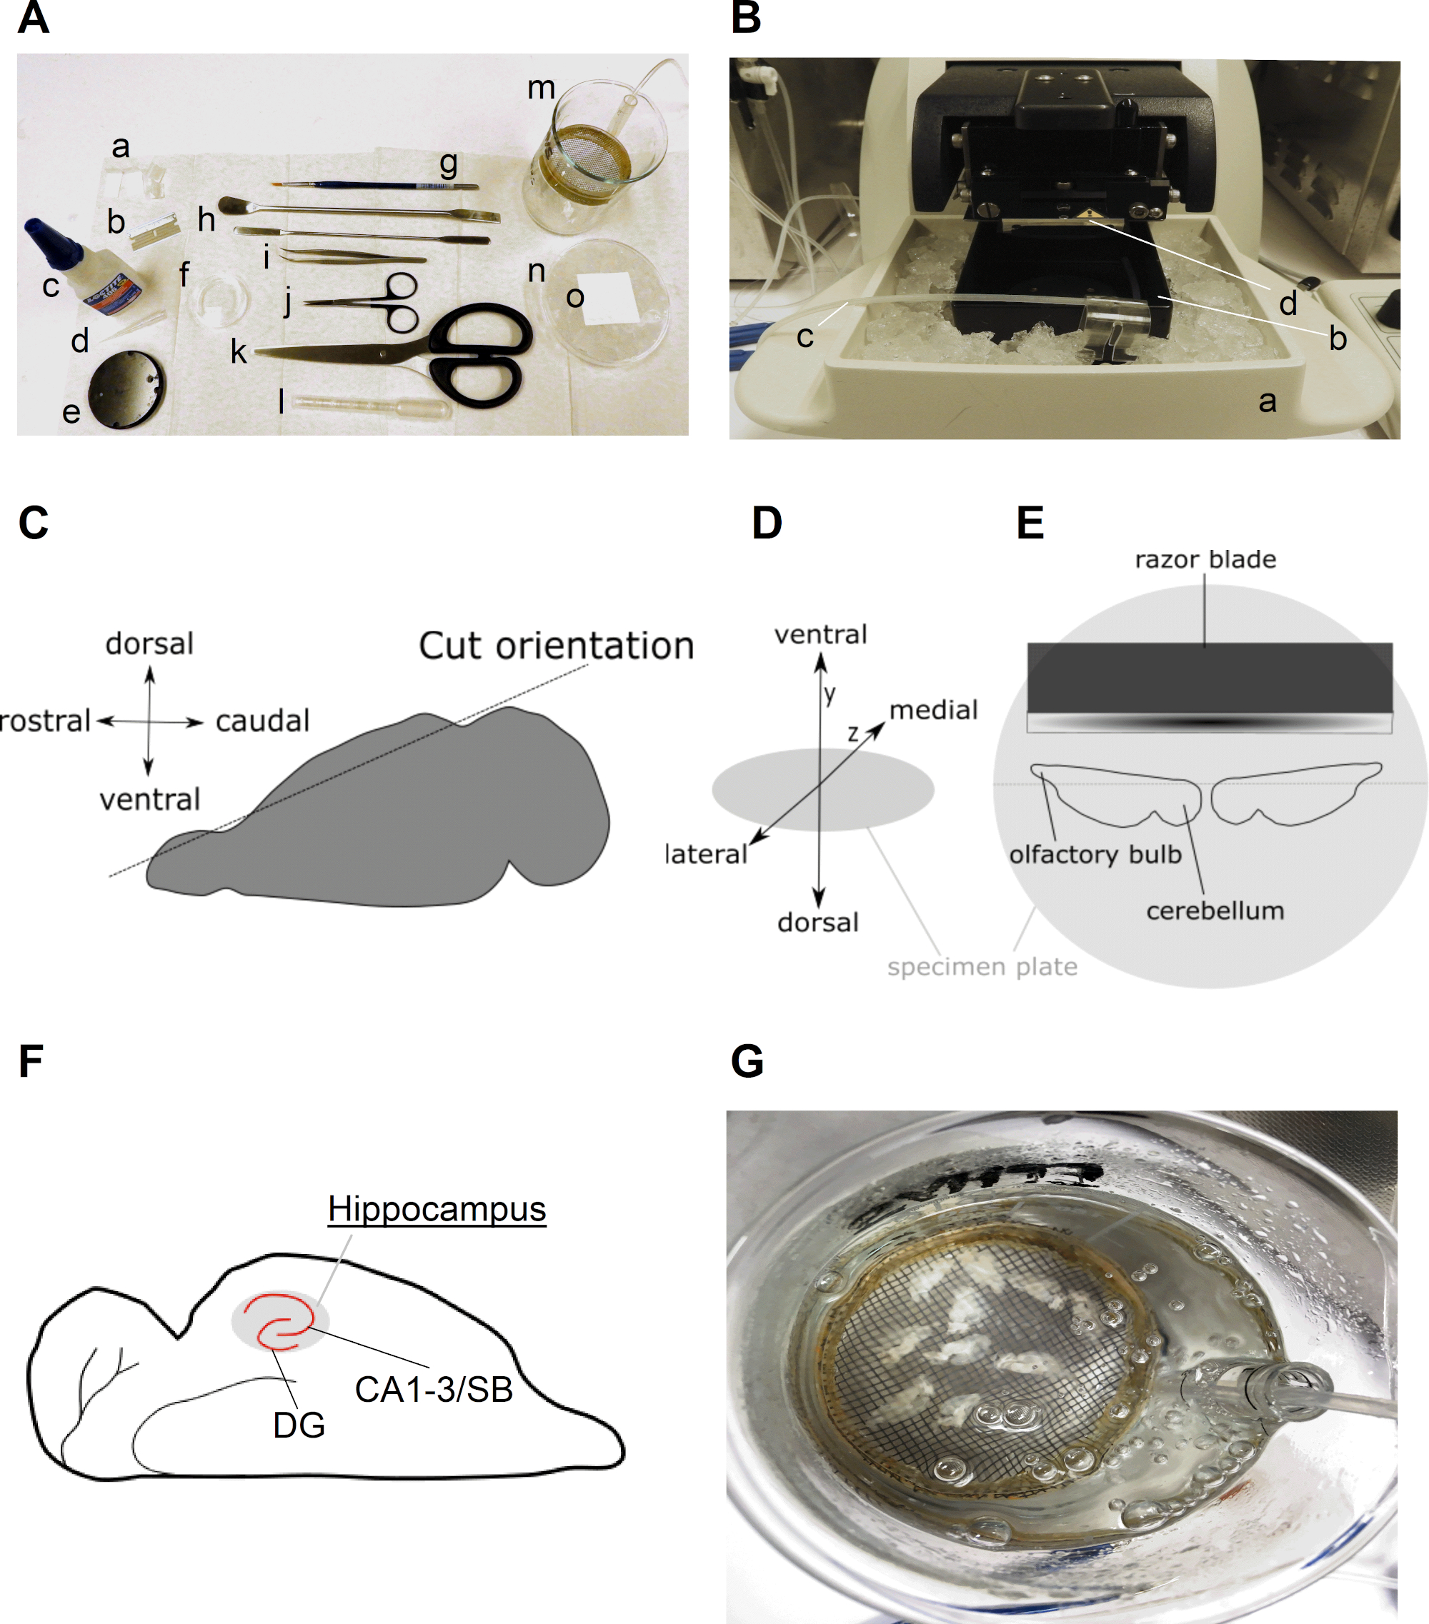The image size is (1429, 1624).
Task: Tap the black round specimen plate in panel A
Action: [x=127, y=389]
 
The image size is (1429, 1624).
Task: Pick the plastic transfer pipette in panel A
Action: [x=370, y=406]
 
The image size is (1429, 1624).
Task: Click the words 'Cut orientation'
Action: [x=557, y=645]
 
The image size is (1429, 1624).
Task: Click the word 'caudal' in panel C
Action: [x=262, y=721]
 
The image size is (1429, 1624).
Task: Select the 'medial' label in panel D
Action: [x=933, y=709]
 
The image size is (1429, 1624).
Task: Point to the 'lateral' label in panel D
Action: [x=706, y=854]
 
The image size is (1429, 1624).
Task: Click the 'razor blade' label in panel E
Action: [x=1205, y=559]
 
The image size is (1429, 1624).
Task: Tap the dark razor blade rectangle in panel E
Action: [x=1210, y=678]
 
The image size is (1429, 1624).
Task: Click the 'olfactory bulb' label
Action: [x=1095, y=854]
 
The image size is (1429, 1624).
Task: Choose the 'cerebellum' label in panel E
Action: [x=1215, y=911]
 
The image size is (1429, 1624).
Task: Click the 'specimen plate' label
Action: [x=982, y=967]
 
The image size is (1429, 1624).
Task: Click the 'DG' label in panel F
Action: [x=299, y=1425]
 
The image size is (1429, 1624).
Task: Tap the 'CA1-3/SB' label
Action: [x=434, y=1390]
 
